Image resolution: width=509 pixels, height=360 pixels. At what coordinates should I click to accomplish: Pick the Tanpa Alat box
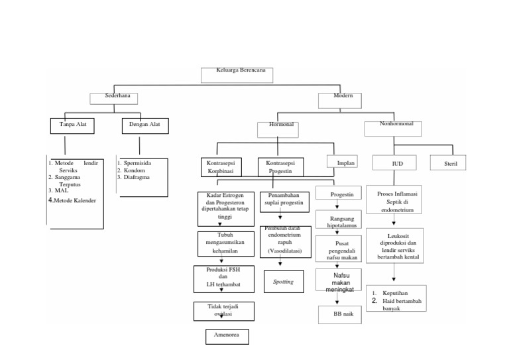pos(73,125)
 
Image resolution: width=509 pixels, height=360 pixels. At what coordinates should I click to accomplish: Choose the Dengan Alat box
pos(144,125)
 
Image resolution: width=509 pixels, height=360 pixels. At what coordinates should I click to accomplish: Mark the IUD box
pos(396,162)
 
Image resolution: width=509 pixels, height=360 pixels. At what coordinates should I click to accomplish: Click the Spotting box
pos(283,282)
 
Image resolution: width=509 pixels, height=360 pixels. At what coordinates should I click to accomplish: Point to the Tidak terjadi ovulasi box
pos(223,311)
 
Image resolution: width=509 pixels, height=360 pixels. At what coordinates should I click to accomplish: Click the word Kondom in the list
pos(135,170)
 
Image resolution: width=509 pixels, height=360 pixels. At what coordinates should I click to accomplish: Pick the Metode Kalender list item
pos(75,200)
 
